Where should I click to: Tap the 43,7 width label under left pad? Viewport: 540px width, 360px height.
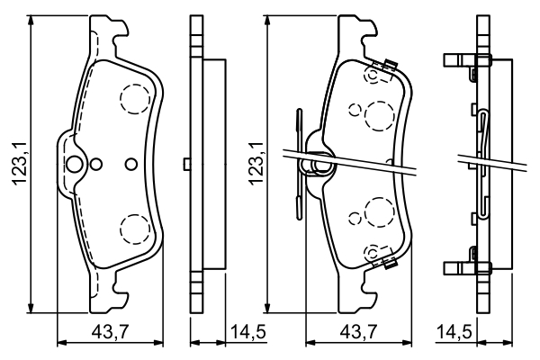click(110, 332)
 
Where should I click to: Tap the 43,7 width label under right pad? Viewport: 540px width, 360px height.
click(358, 332)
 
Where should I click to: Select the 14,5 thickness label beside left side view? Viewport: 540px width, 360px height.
click(248, 332)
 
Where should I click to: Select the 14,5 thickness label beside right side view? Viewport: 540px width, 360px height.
click(454, 332)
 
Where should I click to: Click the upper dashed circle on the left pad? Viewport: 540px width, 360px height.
click(135, 99)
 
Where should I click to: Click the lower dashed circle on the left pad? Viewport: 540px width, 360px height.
click(135, 229)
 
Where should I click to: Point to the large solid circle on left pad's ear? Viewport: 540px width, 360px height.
click(74, 164)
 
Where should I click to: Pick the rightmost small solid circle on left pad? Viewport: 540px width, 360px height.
click(131, 164)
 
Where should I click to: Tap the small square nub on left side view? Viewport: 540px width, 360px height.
click(186, 164)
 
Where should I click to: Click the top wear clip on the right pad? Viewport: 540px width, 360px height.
click(390, 65)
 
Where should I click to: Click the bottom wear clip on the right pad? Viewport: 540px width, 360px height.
click(390, 263)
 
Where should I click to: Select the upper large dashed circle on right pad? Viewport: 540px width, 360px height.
click(379, 116)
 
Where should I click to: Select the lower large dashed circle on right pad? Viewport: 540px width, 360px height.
click(379, 212)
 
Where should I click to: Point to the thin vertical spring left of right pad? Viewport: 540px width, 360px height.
click(299, 164)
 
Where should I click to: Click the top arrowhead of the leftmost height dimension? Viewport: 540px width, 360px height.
click(31, 20)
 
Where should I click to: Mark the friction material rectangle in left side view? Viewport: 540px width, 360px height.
click(214, 164)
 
